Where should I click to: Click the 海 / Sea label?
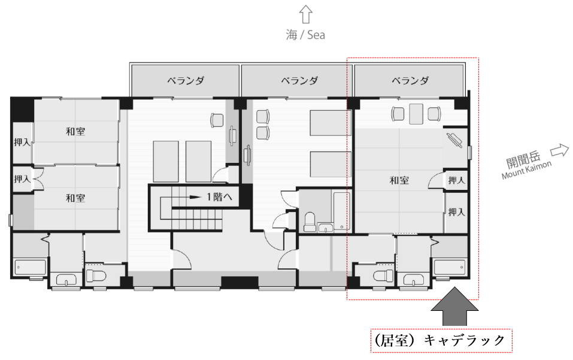(x=305, y=35)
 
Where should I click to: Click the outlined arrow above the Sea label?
(x=306, y=14)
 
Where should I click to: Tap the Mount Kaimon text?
(x=526, y=170)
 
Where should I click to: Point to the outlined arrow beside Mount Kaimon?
(x=560, y=150)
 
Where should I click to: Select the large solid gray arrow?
(x=454, y=306)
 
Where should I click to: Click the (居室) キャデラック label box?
(x=441, y=341)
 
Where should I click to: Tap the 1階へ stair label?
(x=219, y=197)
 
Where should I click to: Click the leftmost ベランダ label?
(x=186, y=80)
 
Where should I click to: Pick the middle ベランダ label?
(x=299, y=80)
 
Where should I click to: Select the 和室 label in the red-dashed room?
(x=399, y=180)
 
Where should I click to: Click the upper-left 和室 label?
(x=75, y=131)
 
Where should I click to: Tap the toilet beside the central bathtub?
(x=310, y=222)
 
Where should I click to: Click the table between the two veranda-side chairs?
(x=416, y=114)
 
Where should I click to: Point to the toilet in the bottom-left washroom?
(x=96, y=275)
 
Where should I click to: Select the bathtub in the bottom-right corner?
(x=449, y=268)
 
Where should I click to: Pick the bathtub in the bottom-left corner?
(x=31, y=267)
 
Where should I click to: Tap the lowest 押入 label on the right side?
(x=456, y=212)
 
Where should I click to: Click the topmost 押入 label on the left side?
(x=22, y=142)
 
